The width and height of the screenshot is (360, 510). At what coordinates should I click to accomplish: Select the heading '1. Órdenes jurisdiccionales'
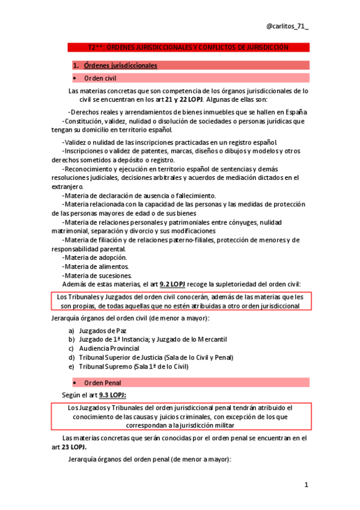[115, 65]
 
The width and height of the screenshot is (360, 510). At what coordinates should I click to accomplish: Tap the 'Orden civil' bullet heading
[100, 78]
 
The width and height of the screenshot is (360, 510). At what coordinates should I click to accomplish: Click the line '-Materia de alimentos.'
[95, 266]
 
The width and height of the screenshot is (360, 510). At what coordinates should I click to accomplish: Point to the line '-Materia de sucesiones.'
[97, 275]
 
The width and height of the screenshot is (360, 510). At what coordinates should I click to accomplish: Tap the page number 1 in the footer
[306, 484]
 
